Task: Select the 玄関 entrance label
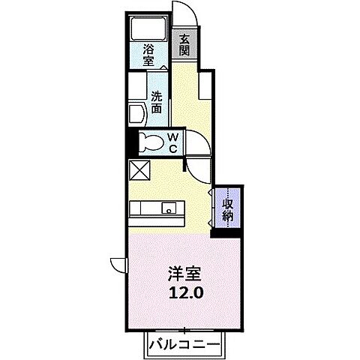point(184,44)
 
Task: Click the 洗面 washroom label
point(157,101)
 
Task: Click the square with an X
point(139,169)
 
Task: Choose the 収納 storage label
point(227,208)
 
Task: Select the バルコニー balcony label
point(184,346)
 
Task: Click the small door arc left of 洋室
point(118,263)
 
